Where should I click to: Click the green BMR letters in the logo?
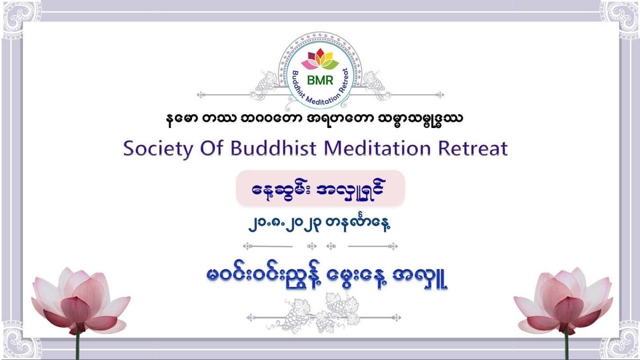(320, 80)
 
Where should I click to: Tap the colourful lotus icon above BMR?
(320, 59)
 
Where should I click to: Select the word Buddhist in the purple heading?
(273, 148)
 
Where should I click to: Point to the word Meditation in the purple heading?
(377, 148)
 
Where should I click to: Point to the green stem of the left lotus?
(77, 346)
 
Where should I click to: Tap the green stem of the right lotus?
(567, 346)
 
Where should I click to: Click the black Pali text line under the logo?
(315, 119)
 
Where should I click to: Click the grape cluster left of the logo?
(266, 82)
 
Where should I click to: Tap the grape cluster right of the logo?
(374, 82)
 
